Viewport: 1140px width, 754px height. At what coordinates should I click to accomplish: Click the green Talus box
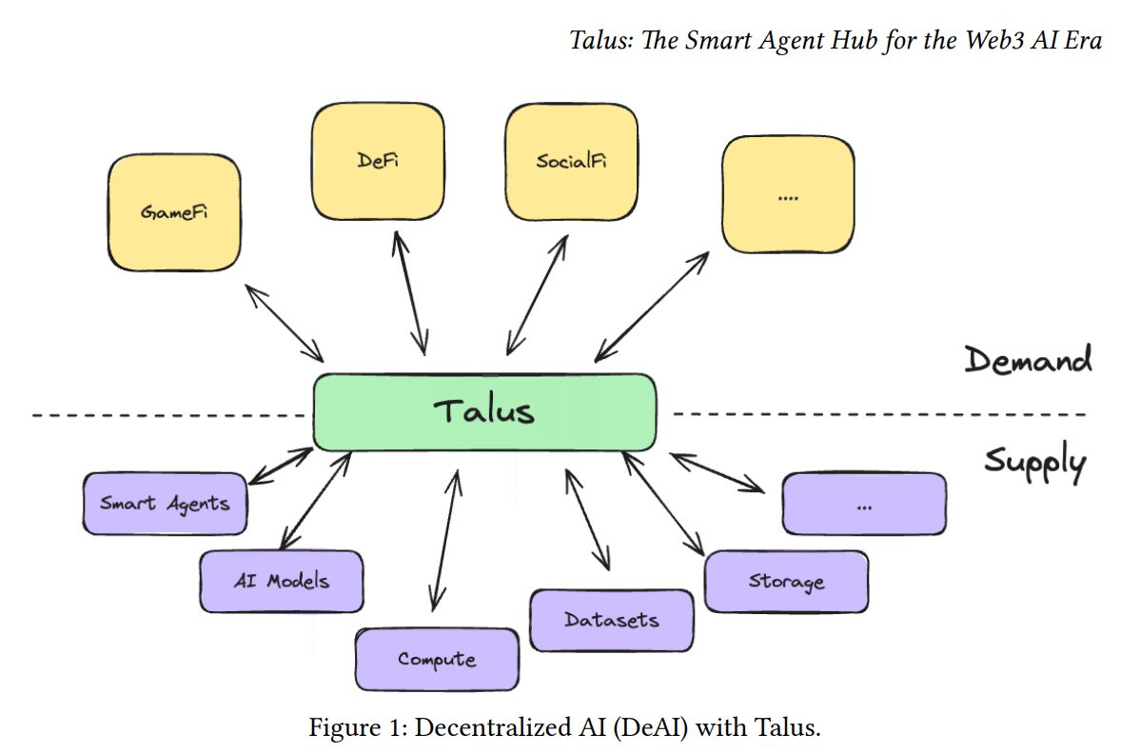484,411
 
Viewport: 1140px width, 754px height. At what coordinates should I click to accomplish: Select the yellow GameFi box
173,211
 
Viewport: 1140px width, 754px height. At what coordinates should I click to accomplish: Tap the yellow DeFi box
378,160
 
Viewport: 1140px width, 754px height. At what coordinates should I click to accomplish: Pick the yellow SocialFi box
571,160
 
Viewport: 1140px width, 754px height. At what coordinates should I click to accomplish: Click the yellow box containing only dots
787,195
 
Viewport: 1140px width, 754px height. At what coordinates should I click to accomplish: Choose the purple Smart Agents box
165,503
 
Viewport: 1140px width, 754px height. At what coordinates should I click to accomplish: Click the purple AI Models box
282,580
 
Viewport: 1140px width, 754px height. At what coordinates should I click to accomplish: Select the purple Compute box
437,659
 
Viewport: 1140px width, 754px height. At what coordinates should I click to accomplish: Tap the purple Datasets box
611,620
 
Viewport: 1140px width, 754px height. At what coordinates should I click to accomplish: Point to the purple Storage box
786,581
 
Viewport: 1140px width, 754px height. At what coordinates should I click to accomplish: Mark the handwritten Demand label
1028,361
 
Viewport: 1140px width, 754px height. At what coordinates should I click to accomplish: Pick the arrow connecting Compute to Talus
445,538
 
